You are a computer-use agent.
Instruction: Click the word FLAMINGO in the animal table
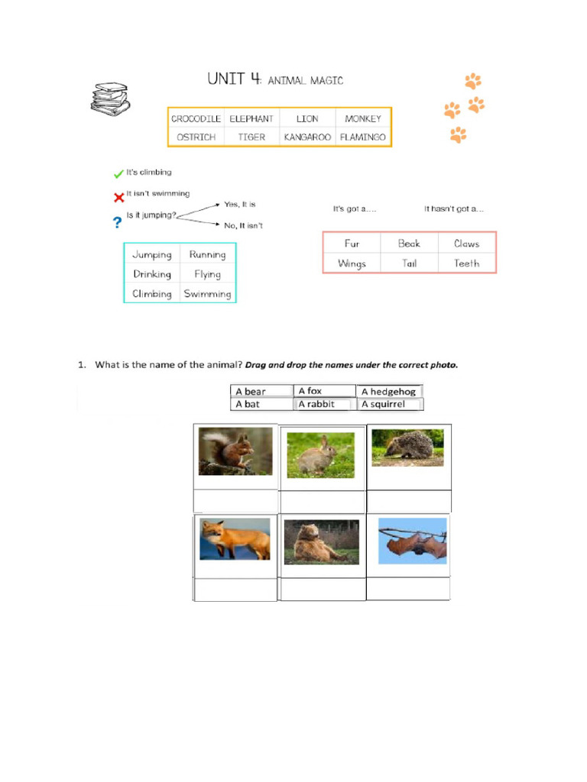pyautogui.click(x=363, y=137)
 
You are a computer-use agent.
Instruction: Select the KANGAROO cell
pyautogui.click(x=307, y=137)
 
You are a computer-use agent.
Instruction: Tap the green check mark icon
pyautogui.click(x=118, y=173)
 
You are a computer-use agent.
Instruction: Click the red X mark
pyautogui.click(x=118, y=198)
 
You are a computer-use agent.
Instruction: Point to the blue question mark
pyautogui.click(x=118, y=222)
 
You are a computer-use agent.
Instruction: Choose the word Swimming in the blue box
pyautogui.click(x=207, y=293)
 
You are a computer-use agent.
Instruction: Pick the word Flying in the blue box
pyautogui.click(x=207, y=273)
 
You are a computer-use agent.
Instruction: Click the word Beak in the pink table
pyautogui.click(x=409, y=244)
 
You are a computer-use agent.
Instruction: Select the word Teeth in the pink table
pyautogui.click(x=466, y=263)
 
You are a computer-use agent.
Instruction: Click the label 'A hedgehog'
pyautogui.click(x=388, y=391)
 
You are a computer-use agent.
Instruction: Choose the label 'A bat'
pyautogui.click(x=248, y=404)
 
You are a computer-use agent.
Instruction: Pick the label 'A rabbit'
pyautogui.click(x=316, y=404)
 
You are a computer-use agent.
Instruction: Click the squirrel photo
pyautogui.click(x=235, y=451)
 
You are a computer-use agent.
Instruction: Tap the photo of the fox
pyautogui.click(x=235, y=539)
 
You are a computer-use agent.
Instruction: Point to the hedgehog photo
pyautogui.click(x=407, y=448)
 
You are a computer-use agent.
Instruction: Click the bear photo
pyautogui.click(x=321, y=541)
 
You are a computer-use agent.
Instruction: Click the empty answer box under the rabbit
pyautogui.click(x=322, y=502)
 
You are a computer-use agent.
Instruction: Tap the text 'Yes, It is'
pyautogui.click(x=239, y=205)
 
